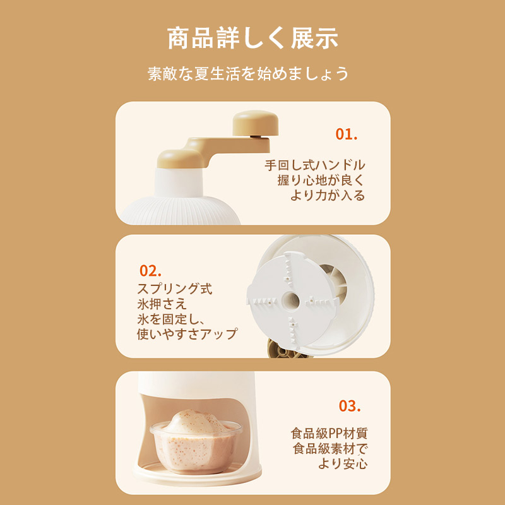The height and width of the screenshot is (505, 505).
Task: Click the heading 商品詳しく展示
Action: click(253, 39)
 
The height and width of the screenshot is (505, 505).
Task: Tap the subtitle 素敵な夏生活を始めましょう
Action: click(248, 74)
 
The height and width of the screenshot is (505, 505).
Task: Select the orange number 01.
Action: click(347, 134)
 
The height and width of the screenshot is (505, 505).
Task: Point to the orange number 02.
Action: click(150, 271)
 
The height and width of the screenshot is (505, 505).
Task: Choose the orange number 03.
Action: click(350, 406)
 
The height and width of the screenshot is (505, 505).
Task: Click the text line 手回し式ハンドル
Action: click(315, 165)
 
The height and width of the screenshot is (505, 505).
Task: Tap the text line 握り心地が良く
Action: click(321, 181)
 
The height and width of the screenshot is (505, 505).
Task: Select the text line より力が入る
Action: click(328, 196)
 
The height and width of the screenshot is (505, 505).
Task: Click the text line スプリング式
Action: click(175, 288)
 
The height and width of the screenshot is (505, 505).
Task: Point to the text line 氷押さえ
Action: click(162, 304)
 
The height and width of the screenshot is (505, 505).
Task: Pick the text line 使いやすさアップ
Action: click(187, 334)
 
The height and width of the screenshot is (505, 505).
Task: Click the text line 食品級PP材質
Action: click(329, 433)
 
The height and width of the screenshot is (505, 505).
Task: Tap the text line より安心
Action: click(343, 463)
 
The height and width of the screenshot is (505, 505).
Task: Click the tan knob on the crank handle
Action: click(256, 122)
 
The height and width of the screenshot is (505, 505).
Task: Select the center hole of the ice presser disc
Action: click(291, 301)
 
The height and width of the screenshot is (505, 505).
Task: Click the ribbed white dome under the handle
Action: click(181, 211)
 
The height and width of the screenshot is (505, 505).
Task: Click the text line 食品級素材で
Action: click(330, 448)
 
